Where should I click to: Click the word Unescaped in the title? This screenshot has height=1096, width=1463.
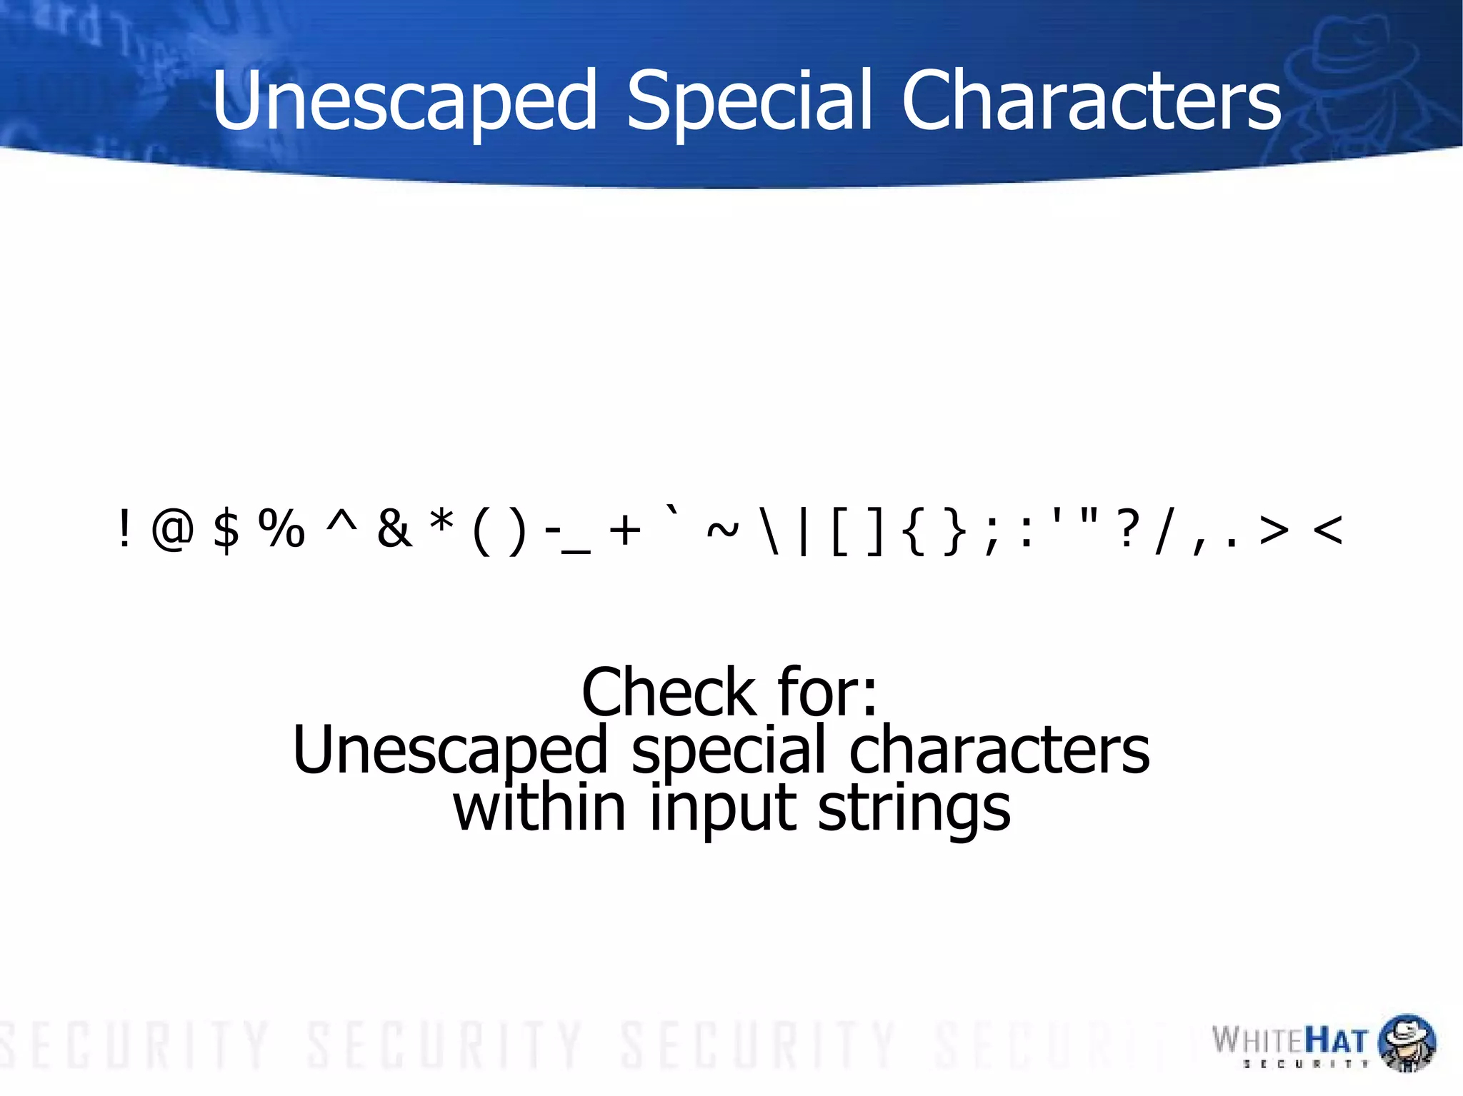404,101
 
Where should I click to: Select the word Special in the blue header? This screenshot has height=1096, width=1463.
749,101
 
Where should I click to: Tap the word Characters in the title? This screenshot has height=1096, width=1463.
1091,101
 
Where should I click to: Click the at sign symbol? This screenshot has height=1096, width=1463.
172,530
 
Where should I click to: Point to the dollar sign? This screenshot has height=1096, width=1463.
226,530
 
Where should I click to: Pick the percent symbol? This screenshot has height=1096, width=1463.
282,529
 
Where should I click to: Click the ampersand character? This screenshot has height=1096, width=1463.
394,529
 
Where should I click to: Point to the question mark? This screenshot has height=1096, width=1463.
1127,529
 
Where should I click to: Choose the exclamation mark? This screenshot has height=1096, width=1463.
125,529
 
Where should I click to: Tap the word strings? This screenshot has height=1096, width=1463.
914,808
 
